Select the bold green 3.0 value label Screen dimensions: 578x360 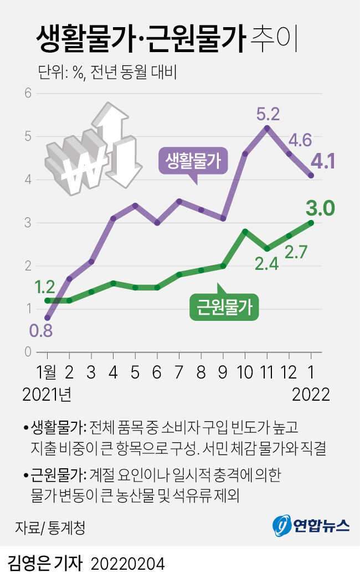tap(320, 209)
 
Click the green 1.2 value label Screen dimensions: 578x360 tap(44, 287)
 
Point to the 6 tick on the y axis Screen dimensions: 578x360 tap(27, 93)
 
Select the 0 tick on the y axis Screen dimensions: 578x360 tap(27, 352)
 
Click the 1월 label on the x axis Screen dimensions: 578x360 tap(48, 371)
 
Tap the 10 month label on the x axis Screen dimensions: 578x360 tap(244, 371)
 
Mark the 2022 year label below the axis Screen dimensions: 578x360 tap(310, 394)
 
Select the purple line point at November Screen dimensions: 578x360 tap(267, 128)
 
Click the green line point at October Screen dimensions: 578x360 tap(245, 231)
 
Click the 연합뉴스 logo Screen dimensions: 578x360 tap(311, 525)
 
